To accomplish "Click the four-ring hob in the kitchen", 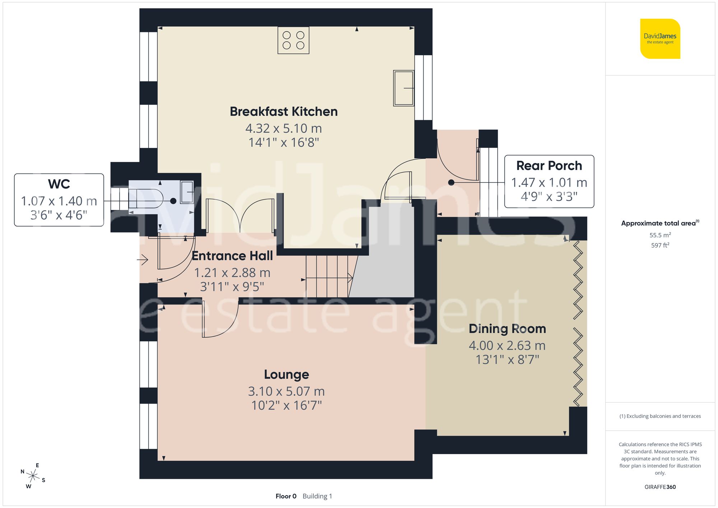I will point(293,40).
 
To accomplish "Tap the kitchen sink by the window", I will point(404,88).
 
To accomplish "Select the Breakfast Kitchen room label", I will point(284,112).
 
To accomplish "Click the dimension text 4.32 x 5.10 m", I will point(284,128).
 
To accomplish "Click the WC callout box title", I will point(59,184).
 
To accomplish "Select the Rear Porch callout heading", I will point(549,166).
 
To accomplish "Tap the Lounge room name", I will point(286,374).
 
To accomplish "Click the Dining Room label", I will point(507,329).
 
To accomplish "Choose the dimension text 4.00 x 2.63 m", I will point(507,345).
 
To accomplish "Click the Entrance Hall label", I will point(232,256).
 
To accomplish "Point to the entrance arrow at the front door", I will point(143,259).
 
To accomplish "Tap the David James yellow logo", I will point(660,39).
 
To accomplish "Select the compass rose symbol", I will point(33,476).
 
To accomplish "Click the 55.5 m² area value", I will point(660,235).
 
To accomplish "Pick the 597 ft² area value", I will point(660,245).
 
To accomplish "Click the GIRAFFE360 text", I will point(660,487).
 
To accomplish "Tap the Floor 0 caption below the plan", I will point(286,496).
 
